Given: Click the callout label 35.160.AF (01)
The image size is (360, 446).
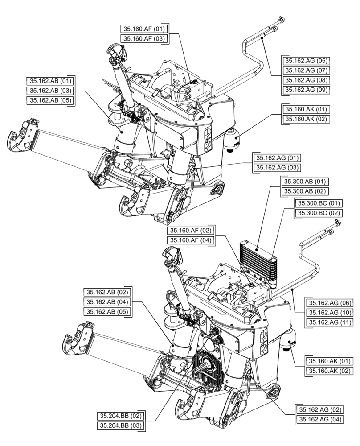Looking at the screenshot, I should click(144, 29).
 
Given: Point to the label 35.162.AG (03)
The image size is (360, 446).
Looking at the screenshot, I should click(276, 168).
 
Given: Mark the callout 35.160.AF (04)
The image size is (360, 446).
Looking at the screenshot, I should click(190, 240).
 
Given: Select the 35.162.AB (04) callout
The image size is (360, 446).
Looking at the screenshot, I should click(107, 301).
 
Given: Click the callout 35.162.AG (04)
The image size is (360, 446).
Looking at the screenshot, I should click(319, 420).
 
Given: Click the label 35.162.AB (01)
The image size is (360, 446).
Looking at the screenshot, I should click(50, 81).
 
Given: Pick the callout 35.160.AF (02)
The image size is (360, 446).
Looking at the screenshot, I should click(190, 231).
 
